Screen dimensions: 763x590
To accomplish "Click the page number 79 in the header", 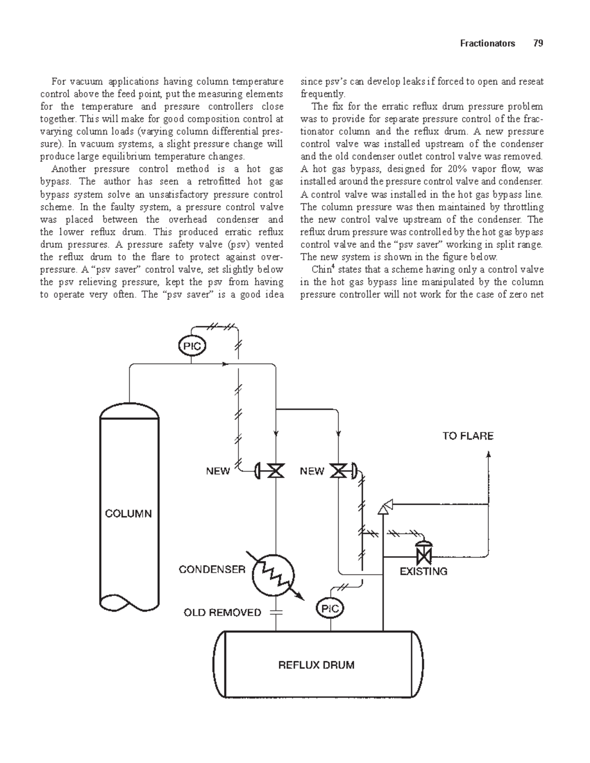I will coord(538,43).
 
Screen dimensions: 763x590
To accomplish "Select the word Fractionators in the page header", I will coord(487,43).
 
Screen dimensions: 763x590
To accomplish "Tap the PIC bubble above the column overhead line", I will coord(191,346).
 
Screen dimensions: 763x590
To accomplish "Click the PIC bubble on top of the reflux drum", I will coord(330,609).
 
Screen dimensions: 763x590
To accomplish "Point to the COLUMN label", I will coord(128,514).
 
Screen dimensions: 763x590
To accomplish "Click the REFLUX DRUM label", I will coord(316,665).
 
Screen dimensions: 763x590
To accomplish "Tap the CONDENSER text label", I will coord(211,569).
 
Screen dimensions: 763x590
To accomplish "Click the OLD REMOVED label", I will coord(222,613).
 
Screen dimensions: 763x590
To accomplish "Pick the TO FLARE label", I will coord(468,436).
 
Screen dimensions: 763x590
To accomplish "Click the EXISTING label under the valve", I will coord(423,571).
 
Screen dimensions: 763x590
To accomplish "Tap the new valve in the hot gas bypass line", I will coord(339,471).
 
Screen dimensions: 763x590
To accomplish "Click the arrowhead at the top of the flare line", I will coord(488,455).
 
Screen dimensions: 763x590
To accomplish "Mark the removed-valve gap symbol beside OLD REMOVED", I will coord(276,612).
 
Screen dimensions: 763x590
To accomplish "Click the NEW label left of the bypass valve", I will coord(312,471).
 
